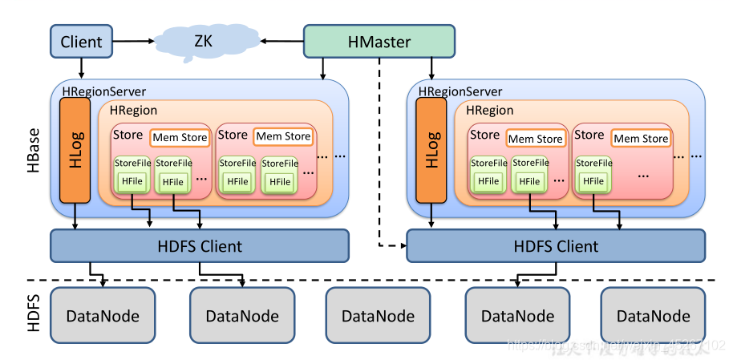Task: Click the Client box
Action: click(81, 42)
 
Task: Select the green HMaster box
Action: click(379, 42)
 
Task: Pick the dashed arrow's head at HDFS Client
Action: click(402, 245)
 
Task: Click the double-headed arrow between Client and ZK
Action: click(134, 40)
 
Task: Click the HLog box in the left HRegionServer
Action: click(75, 151)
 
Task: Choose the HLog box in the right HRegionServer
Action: click(432, 151)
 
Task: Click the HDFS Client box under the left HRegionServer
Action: click(199, 245)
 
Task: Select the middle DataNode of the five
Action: click(378, 316)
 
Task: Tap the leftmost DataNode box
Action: click(102, 316)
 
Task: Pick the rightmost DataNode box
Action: click(653, 316)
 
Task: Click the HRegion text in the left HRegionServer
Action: click(133, 111)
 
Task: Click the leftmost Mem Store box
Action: click(180, 137)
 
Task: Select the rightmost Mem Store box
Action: click(641, 139)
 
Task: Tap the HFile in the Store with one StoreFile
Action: click(593, 181)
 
